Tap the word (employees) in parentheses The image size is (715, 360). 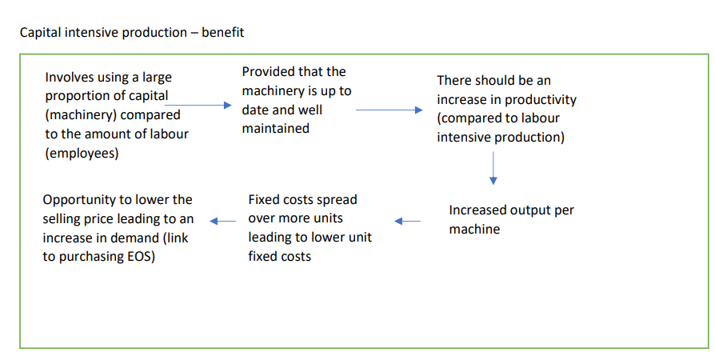pos(82,153)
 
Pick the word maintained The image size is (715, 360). pos(276,128)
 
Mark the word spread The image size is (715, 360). pos(337,199)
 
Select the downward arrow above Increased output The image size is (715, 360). pos(493,167)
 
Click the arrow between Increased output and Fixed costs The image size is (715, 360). pos(408,221)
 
